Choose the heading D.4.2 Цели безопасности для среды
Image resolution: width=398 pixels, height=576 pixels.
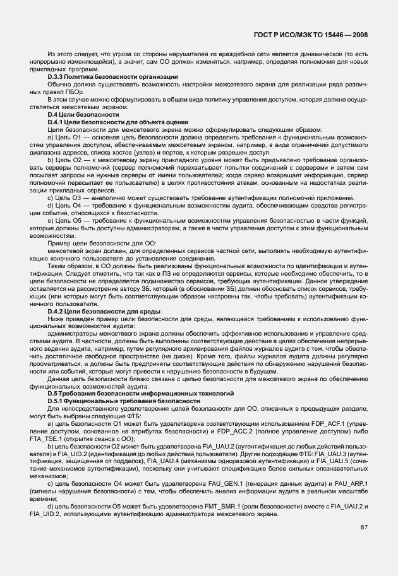click(104, 311)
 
